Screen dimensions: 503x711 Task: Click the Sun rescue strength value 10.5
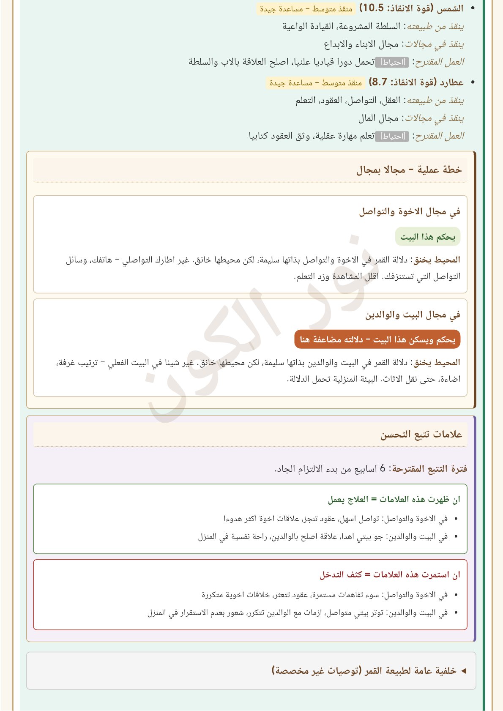coord(373,8)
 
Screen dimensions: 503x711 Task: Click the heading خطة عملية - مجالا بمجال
coord(409,170)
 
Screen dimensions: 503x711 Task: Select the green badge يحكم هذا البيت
coord(427,237)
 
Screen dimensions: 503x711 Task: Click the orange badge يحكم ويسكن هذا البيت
coord(377,339)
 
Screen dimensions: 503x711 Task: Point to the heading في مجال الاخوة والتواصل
coord(409,211)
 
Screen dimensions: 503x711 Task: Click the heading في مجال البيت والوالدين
coord(413,314)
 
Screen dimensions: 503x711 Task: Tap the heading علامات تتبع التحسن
coord(421,435)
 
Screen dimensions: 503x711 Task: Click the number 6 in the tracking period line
coord(383,468)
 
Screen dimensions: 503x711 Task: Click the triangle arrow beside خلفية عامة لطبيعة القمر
coord(463,671)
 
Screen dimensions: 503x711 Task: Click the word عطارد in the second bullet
coord(451,82)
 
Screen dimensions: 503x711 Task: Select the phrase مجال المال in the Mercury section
coord(378,118)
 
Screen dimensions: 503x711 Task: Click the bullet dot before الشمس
coord(473,8)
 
